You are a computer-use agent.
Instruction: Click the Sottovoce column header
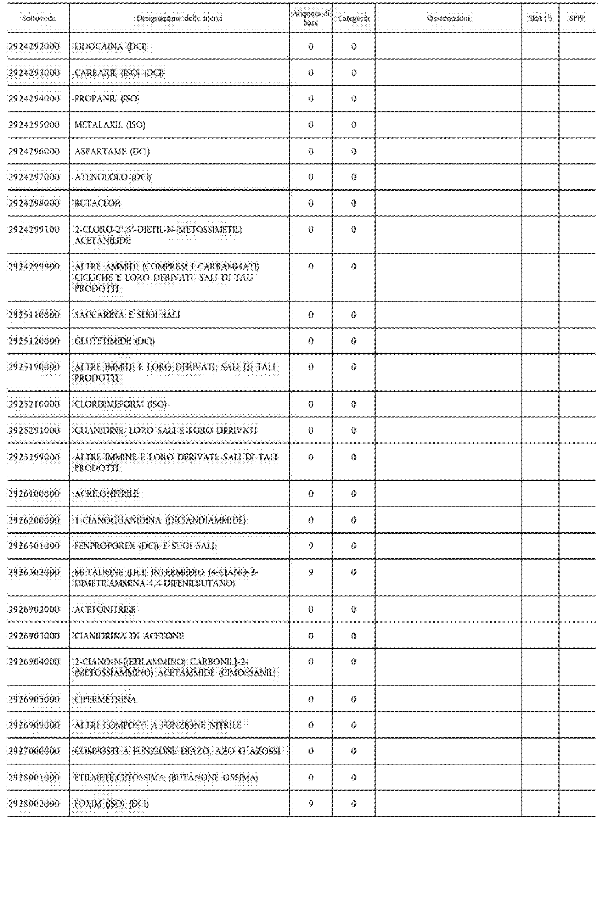(x=38, y=18)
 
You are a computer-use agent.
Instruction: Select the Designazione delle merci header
(x=179, y=18)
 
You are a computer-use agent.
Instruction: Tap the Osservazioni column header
(x=448, y=18)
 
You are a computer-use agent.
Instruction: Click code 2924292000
(x=34, y=46)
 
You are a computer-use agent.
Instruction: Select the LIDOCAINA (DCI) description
(x=111, y=46)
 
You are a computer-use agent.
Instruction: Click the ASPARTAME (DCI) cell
(x=112, y=151)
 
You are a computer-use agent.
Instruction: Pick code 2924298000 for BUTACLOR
(x=34, y=203)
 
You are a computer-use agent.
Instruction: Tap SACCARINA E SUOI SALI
(x=127, y=315)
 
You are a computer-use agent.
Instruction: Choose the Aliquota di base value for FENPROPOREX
(x=311, y=546)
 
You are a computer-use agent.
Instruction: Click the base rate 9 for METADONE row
(x=311, y=572)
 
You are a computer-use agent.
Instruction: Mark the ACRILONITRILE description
(x=106, y=494)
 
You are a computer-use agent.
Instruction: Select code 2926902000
(x=34, y=610)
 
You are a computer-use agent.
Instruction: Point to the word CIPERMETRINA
(x=105, y=699)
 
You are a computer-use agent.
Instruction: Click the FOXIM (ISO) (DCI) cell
(x=111, y=804)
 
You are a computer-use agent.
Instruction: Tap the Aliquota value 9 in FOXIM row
(x=311, y=804)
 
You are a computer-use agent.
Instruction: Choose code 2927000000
(x=34, y=751)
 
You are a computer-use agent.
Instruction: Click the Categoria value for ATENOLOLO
(x=354, y=177)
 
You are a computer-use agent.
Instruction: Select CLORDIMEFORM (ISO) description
(x=120, y=404)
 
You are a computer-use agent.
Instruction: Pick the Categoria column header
(x=354, y=18)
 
